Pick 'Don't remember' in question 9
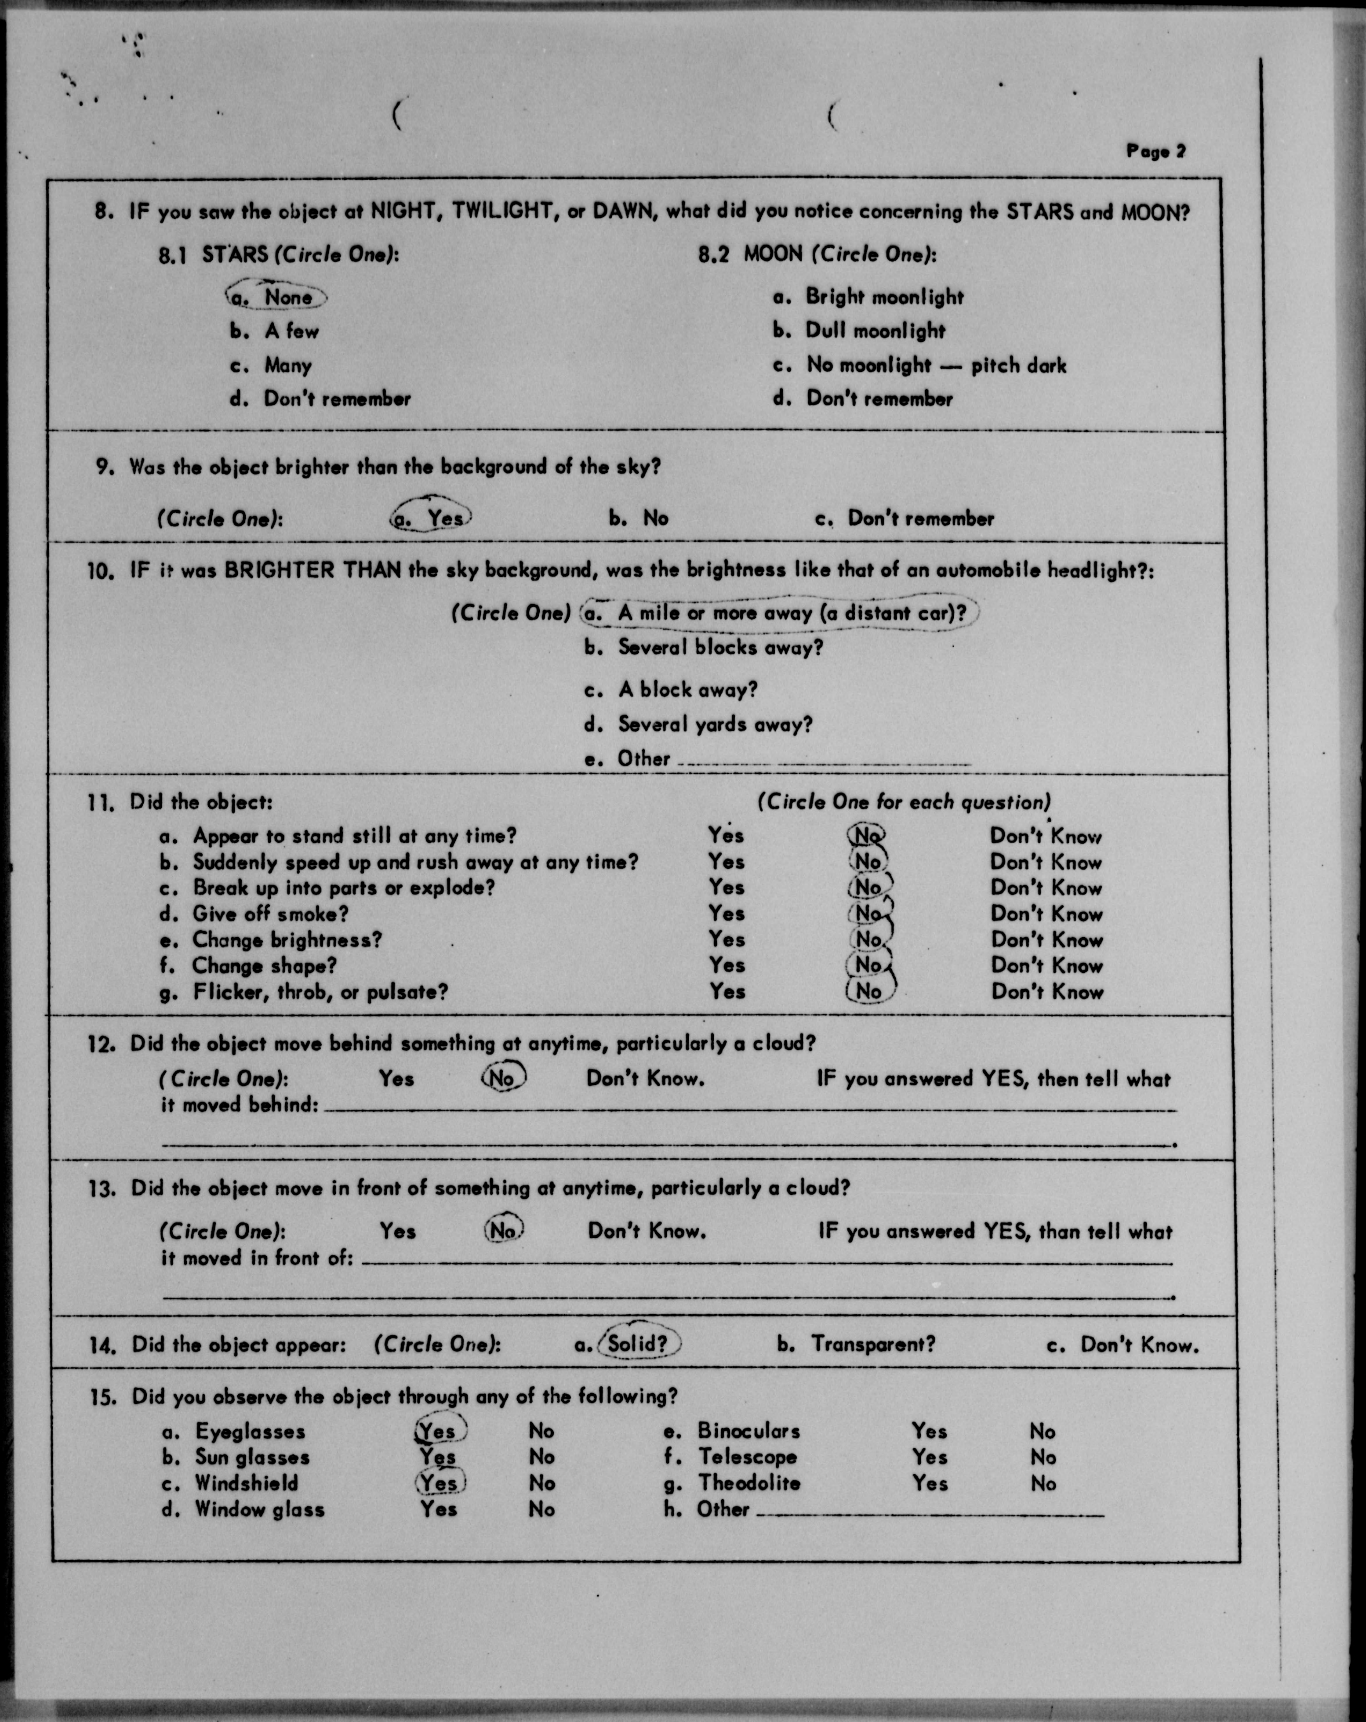pyautogui.click(x=920, y=518)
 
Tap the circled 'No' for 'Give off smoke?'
pyautogui.click(x=869, y=913)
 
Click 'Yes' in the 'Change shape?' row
pyautogui.click(x=726, y=966)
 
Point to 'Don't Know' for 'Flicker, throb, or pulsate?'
pyautogui.click(x=1046, y=992)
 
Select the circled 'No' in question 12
pyautogui.click(x=503, y=1078)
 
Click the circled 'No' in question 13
pyautogui.click(x=503, y=1231)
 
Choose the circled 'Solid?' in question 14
pyautogui.click(x=637, y=1344)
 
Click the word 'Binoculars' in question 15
pyautogui.click(x=748, y=1431)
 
